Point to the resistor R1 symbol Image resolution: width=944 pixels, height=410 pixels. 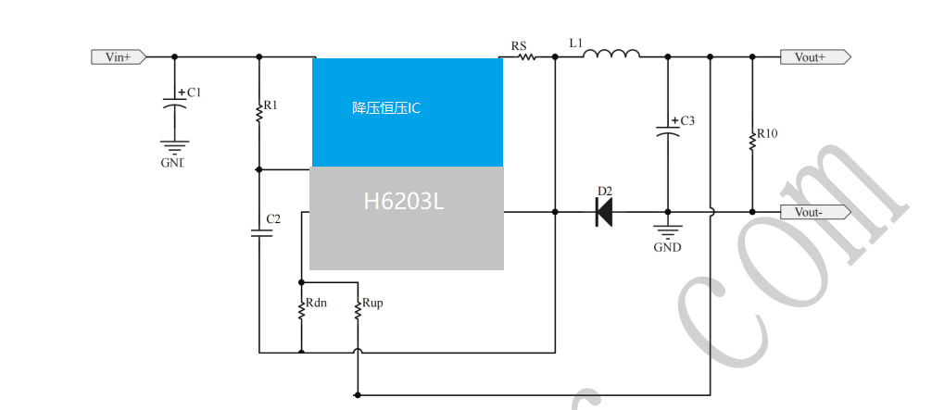pos(258,112)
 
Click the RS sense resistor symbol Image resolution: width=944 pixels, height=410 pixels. pos(525,57)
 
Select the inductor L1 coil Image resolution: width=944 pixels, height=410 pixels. pos(611,54)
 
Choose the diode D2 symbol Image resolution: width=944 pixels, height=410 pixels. pos(603,212)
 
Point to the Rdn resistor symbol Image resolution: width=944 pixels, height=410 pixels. pos(300,309)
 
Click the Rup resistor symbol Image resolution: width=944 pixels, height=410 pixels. pos(357,309)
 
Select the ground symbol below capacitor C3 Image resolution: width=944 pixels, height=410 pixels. pos(666,230)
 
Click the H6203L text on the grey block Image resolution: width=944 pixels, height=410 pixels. pos(403,201)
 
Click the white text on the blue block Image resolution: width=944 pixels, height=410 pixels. pos(386,108)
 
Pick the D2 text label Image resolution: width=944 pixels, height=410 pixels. pos(604,192)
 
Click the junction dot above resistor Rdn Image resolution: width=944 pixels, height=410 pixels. pos(300,280)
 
